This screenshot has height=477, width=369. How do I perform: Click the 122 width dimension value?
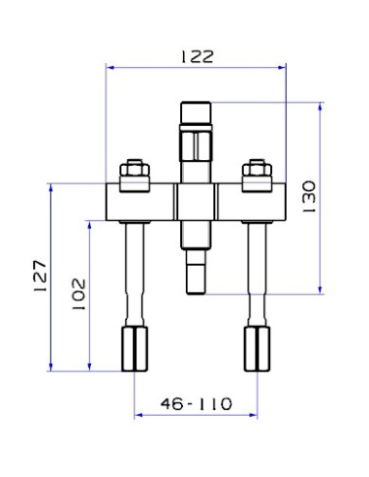pyautogui.click(x=197, y=57)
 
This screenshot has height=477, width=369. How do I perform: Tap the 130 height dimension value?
pyautogui.click(x=309, y=197)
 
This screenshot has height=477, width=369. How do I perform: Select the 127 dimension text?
pyautogui.click(x=41, y=275)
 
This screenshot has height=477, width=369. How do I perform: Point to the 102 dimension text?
pyautogui.click(x=78, y=295)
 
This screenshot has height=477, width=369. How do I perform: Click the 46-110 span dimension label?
pyautogui.click(x=197, y=403)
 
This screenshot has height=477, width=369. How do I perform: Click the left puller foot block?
pyautogui.click(x=135, y=349)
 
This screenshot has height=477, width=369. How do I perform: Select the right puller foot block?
pyautogui.click(x=257, y=349)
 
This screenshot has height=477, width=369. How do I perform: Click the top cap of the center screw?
pyautogui.click(x=196, y=112)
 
